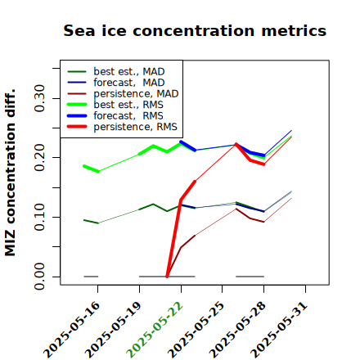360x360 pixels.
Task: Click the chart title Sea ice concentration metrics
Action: pyautogui.click(x=195, y=30)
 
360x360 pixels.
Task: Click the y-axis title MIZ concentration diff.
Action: pyautogui.click(x=11, y=173)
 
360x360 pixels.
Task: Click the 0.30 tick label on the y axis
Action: pyautogui.click(x=39, y=98)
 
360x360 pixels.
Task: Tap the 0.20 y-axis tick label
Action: pyautogui.click(x=39, y=157)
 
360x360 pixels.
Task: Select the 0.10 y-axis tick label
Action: pyautogui.click(x=39, y=217)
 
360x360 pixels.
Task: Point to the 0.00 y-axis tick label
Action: pyautogui.click(x=39, y=277)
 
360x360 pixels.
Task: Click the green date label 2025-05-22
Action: pyautogui.click(x=155, y=330)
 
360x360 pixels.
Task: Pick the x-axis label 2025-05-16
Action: pyautogui.click(x=71, y=330)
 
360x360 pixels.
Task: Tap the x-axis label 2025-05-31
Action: pyautogui.click(x=279, y=330)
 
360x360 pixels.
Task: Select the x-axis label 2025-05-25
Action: pyautogui.click(x=196, y=330)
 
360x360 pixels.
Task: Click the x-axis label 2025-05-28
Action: pyautogui.click(x=237, y=330)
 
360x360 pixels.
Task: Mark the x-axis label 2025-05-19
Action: pyautogui.click(x=113, y=330)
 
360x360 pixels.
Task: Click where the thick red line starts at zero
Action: pyautogui.click(x=167, y=277)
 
